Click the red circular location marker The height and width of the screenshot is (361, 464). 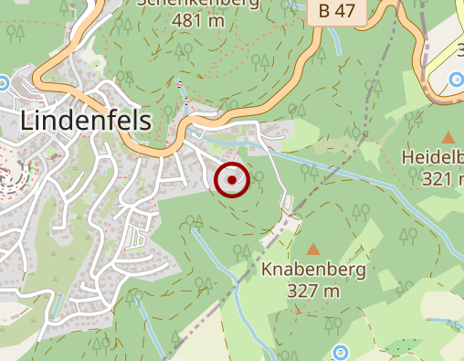[x=232, y=180]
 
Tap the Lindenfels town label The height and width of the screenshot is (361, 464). [x=85, y=122]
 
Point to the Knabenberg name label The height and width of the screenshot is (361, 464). [x=313, y=271]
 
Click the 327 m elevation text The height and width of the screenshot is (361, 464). [x=313, y=292]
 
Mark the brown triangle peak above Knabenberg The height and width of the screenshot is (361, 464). [x=313, y=249]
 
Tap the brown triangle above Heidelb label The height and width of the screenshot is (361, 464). [x=448, y=137]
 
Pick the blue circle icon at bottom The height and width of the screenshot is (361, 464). [x=340, y=351]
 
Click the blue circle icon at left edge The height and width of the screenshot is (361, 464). [x=3, y=82]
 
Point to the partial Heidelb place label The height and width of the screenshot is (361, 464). [x=432, y=158]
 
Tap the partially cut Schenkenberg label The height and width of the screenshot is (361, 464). [x=198, y=3]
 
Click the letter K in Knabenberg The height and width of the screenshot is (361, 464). [x=267, y=271]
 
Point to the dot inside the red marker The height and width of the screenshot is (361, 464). [x=232, y=180]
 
